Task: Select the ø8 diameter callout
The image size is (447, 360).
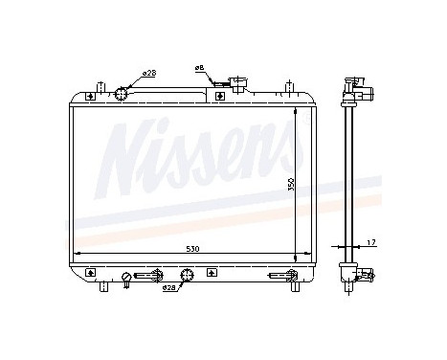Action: pos(199,68)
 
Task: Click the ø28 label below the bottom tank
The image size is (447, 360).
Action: pos(168,287)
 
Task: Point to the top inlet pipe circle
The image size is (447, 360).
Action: pos(123,93)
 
